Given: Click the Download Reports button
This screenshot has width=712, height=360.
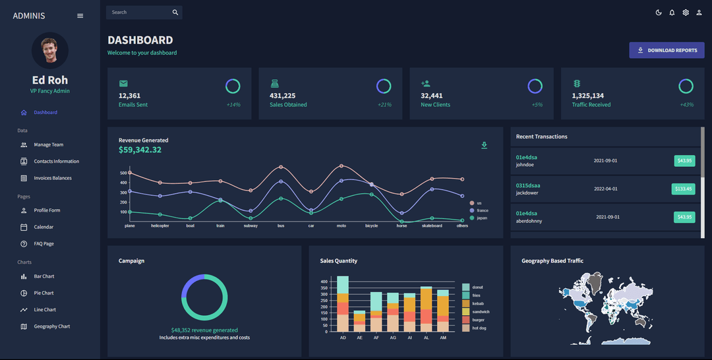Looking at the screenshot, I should coord(667,50).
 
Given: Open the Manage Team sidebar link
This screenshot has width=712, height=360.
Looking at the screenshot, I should coord(48,144).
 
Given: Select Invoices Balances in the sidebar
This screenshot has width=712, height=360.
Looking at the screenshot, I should coord(53,178).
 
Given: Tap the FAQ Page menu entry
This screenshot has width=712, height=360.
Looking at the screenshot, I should coord(44,244).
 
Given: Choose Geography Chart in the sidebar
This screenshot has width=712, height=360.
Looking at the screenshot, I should coord(51,326).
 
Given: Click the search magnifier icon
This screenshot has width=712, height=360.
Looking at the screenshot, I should coord(175,13).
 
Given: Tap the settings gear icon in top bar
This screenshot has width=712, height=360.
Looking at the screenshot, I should coord(686,13).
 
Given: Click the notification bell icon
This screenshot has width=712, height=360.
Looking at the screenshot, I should coord(672,13).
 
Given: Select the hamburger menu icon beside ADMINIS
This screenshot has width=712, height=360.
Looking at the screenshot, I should coord(80,16).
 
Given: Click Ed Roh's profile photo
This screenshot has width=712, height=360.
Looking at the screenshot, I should coord(50,51).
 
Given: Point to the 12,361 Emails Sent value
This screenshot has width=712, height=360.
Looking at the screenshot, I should coord(129,96).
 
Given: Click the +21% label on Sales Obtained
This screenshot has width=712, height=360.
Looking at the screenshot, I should coord(384,105).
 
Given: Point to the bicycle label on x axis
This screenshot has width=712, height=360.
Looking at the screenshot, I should coord(371,225).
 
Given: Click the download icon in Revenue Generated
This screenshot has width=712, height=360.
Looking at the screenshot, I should coord(485,145).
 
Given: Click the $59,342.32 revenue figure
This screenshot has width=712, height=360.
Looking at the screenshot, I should coord(140,150).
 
